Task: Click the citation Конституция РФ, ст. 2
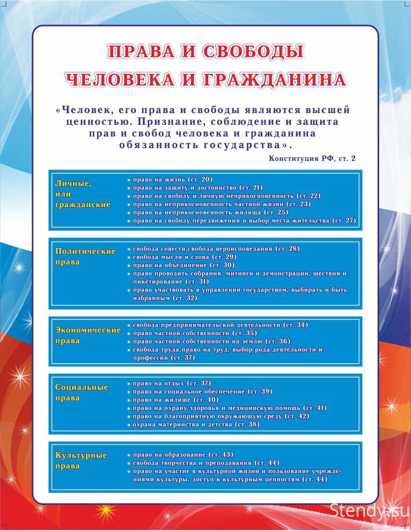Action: pos(312,159)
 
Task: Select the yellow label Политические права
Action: pos(85,256)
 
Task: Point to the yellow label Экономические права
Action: pos(88,335)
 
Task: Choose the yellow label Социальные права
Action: pos(81,392)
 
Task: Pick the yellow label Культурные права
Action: pos(81,460)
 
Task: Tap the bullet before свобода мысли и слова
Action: pos(129,257)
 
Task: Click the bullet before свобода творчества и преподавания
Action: pos(129,463)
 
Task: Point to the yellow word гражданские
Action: pos(82,204)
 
